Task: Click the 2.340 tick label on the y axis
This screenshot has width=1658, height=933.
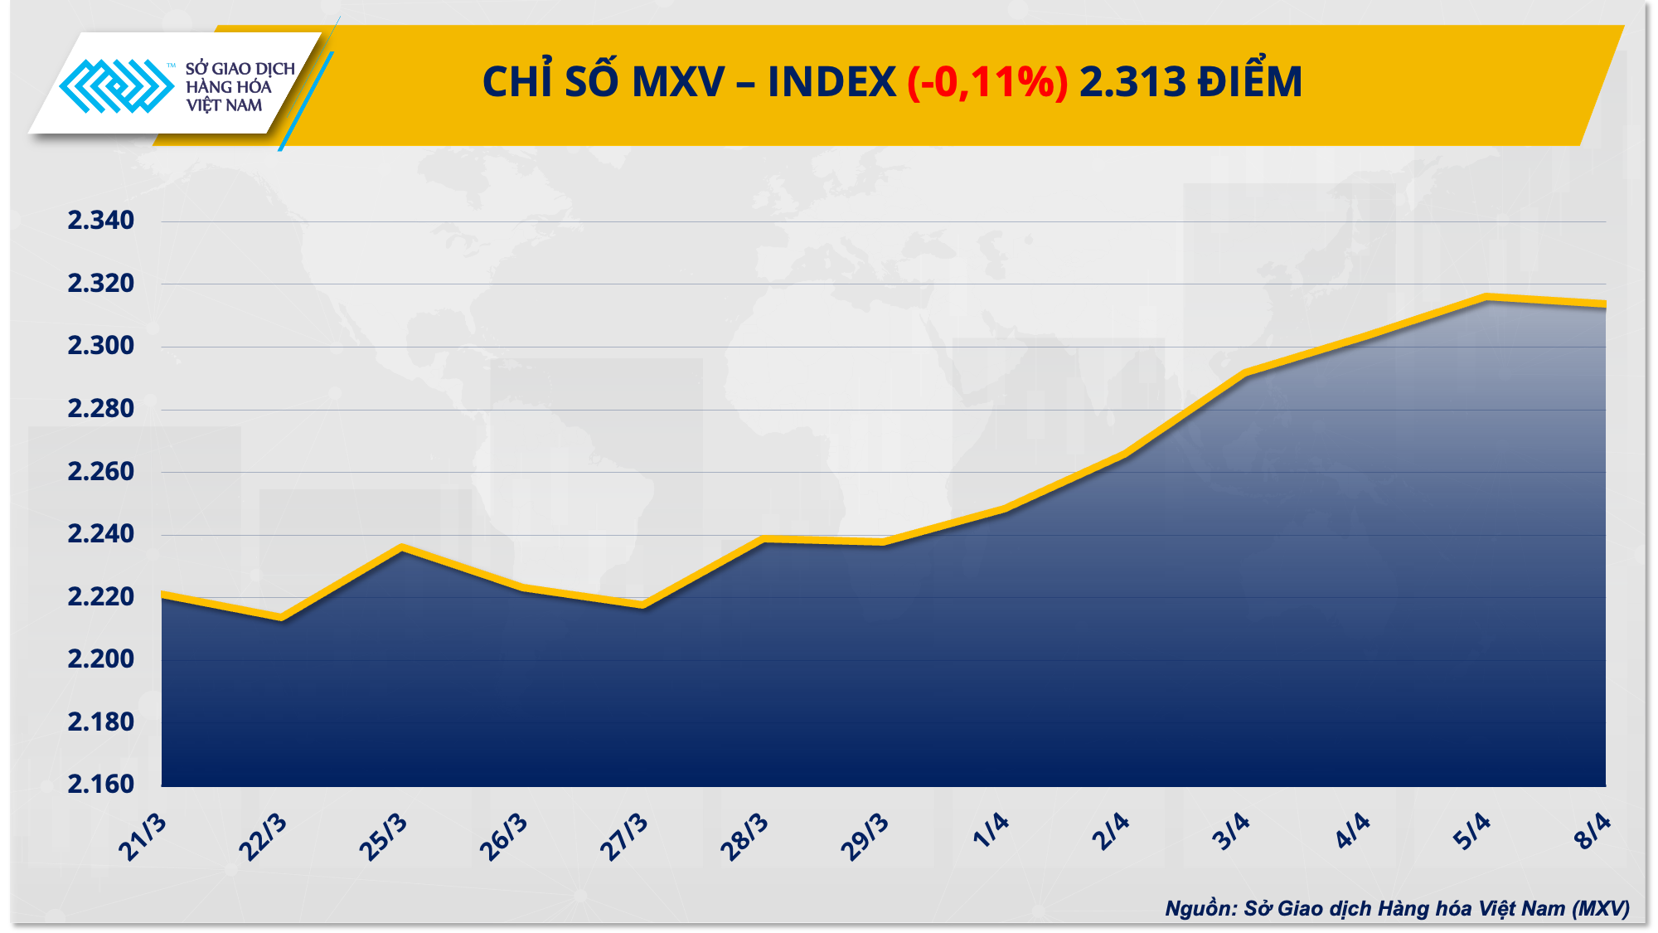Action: click(100, 221)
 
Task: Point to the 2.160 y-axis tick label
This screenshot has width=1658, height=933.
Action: click(100, 784)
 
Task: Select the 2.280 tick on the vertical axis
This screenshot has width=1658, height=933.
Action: click(100, 409)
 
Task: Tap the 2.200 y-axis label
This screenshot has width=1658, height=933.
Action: click(100, 659)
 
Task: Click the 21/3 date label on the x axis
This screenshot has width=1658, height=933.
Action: click(143, 837)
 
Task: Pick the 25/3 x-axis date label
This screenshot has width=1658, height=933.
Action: click(383, 837)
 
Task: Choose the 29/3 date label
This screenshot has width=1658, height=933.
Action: click(865, 837)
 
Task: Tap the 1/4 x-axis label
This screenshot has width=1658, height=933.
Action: click(991, 830)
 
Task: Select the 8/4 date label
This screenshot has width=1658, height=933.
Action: click(1593, 830)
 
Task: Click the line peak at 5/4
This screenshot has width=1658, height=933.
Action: click(1486, 296)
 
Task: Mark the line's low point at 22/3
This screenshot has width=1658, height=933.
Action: click(282, 617)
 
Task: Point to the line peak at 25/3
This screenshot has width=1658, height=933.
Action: click(402, 547)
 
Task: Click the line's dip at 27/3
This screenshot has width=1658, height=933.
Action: click(643, 605)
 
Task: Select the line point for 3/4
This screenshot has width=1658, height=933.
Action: click(1245, 373)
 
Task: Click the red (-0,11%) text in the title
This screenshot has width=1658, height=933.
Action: click(987, 82)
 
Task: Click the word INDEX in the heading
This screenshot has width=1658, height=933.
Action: click(831, 82)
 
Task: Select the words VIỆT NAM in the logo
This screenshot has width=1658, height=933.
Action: click(224, 105)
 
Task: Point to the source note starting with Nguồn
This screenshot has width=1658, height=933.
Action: click(1397, 908)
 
